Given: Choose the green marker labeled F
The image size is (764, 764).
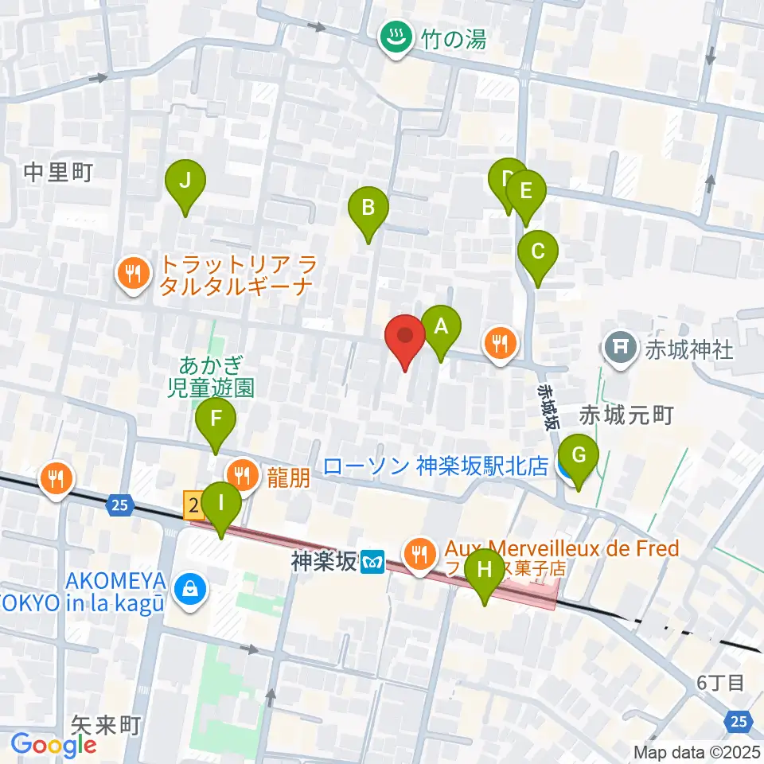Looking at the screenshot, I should pyautogui.click(x=216, y=421).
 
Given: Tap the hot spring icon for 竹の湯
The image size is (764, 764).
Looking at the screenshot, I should pyautogui.click(x=393, y=37).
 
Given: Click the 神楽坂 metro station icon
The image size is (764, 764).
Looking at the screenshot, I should pyautogui.click(x=372, y=563).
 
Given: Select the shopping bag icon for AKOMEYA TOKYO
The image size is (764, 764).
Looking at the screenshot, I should pyautogui.click(x=191, y=590).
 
